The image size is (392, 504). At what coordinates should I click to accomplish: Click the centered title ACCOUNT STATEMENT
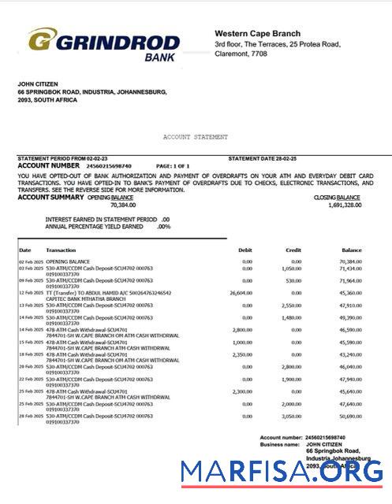196,137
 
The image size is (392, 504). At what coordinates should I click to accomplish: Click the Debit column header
245,250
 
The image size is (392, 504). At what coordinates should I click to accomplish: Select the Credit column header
293,250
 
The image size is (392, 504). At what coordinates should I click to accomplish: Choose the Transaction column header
61,250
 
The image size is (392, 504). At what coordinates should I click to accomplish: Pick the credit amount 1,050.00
292,268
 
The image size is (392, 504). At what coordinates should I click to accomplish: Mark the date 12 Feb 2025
31,292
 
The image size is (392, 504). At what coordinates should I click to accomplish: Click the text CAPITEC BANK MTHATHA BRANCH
84,298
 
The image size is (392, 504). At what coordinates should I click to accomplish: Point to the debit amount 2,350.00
241,354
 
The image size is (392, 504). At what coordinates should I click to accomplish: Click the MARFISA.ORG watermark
282,472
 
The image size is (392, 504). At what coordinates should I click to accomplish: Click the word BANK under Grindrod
161,57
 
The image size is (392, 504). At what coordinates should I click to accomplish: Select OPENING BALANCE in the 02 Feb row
68,261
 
